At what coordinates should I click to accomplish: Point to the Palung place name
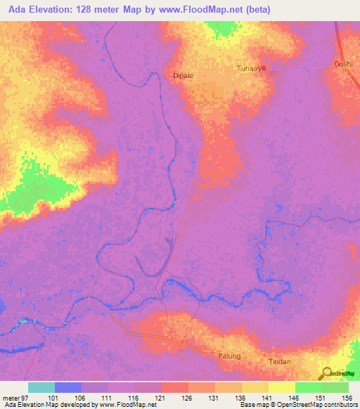point(229,356)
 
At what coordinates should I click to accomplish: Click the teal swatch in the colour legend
point(41,387)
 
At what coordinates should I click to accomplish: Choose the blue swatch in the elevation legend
point(68,387)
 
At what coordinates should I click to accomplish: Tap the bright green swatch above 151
point(309,387)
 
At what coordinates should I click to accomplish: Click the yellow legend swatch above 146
point(282,387)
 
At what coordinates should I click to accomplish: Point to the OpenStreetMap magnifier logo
point(326,375)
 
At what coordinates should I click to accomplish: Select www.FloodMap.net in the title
point(205,11)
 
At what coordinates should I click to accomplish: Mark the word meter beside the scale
point(12,398)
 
